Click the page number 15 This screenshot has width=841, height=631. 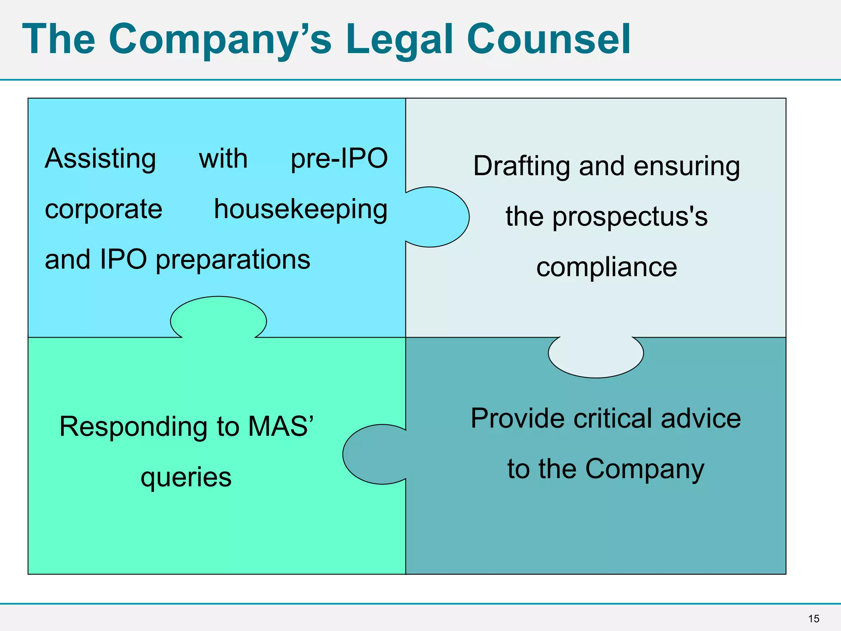click(813, 619)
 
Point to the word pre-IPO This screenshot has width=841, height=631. click(339, 159)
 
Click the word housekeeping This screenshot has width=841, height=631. click(301, 210)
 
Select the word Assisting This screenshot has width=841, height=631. click(101, 159)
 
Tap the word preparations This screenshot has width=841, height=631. click(233, 260)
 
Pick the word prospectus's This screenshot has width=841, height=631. click(630, 216)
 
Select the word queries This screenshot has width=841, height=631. click(186, 477)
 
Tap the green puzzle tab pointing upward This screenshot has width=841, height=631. click(218, 316)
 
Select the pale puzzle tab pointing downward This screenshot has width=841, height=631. click(596, 357)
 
